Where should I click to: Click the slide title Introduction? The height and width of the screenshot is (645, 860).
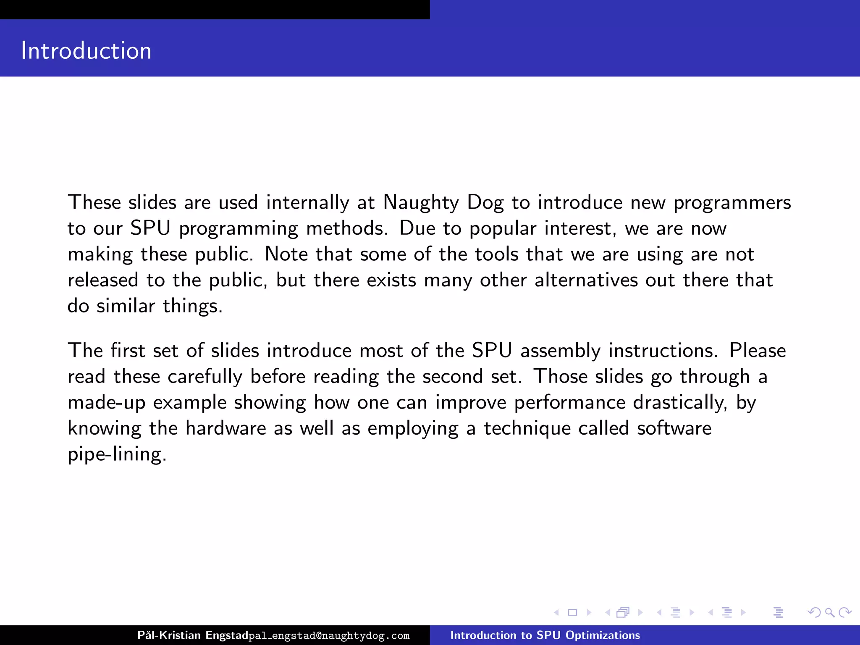tap(86, 51)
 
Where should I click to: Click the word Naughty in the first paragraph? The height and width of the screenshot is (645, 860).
tap(421, 203)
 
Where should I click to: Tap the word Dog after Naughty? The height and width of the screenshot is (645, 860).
tap(485, 203)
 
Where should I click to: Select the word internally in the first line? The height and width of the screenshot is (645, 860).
tap(307, 203)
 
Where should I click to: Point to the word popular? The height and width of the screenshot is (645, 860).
tap(503, 229)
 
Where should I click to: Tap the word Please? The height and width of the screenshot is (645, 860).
tap(758, 351)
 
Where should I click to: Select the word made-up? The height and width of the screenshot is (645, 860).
tap(106, 403)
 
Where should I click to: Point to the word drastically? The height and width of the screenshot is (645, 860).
tap(680, 403)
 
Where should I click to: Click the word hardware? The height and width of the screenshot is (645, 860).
tap(225, 428)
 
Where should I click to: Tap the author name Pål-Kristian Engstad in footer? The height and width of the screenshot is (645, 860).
tap(193, 635)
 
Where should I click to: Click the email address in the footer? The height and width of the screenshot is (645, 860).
tap(329, 636)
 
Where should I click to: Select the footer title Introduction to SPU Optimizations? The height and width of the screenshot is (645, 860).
tap(545, 635)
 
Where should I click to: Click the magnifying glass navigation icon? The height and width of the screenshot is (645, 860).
tap(829, 613)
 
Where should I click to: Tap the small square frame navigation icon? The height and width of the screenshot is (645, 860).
tap(572, 613)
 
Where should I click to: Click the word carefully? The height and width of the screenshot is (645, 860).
tap(205, 377)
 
